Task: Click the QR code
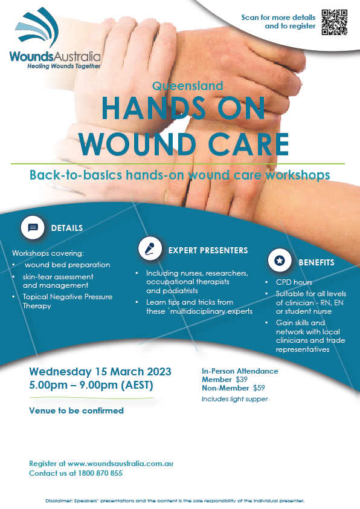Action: coord(335,22)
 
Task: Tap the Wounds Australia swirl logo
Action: coord(37,28)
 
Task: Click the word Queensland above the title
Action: coord(187,86)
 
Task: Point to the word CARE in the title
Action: coord(248,144)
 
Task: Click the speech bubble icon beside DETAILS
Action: coord(33,227)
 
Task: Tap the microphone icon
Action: coord(150,248)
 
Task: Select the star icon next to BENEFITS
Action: coord(280,260)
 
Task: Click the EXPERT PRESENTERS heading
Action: coord(208,250)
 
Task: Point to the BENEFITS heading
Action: coord(317,262)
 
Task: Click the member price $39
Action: coord(242,380)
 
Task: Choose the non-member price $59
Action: coord(259,388)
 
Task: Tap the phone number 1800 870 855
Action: coord(100,473)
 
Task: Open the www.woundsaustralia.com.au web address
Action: coord(120,464)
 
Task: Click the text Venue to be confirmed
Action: coord(77,410)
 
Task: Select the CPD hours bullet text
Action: coord(294,282)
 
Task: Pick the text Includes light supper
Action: coord(234,399)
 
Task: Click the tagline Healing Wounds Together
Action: coord(64,66)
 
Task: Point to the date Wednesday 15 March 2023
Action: coord(100,372)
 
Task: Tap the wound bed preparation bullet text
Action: coord(68,265)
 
